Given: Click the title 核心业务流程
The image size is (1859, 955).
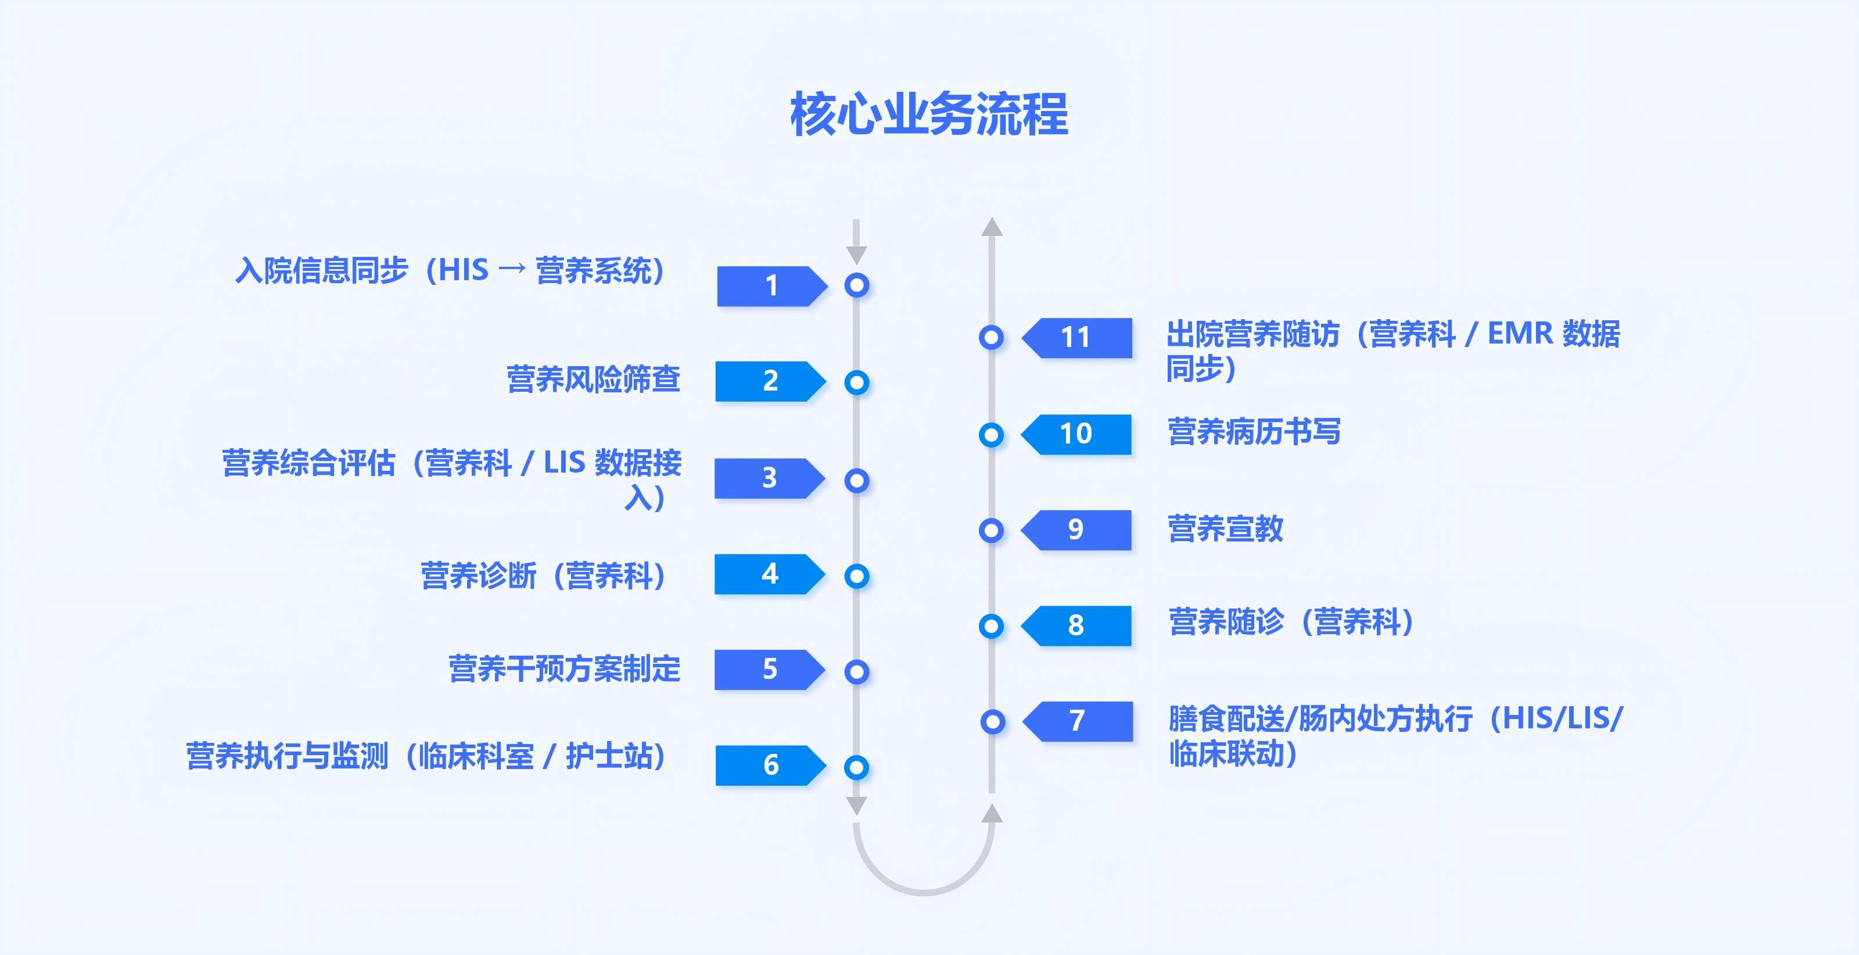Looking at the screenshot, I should click(929, 114).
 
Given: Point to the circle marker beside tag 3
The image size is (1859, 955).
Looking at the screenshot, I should click(857, 480).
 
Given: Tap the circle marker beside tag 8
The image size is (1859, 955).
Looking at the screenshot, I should click(992, 626).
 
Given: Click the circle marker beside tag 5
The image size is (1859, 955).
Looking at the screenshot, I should click(857, 672).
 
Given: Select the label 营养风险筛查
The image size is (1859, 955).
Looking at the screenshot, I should click(593, 380).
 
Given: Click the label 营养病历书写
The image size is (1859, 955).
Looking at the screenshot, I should click(1254, 432).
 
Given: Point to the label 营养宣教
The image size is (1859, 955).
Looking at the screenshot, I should click(1225, 528).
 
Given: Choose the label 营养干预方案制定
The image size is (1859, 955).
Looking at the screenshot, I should click(564, 668).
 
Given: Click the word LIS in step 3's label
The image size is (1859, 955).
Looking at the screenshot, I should click(564, 463).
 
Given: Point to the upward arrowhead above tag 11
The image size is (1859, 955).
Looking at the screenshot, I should click(992, 227).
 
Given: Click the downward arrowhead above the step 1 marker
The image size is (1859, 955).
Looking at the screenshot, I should click(857, 254).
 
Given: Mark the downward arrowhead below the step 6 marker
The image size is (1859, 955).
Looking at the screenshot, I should click(857, 806).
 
